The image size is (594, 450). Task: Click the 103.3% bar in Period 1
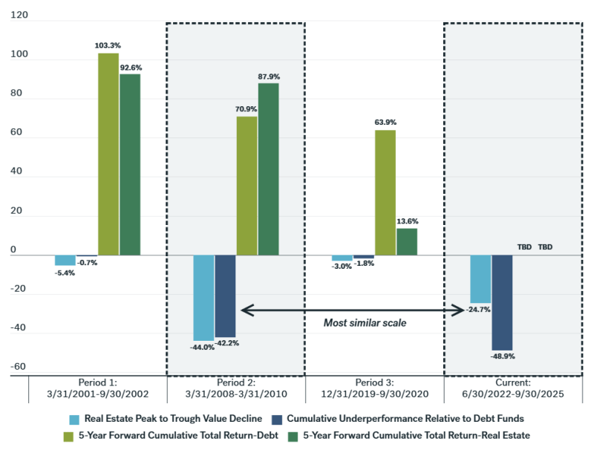tap(108, 154)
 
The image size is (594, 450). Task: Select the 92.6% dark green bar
tap(130, 165)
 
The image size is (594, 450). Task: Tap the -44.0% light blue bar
tap(204, 298)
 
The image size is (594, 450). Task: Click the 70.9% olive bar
tap(247, 186)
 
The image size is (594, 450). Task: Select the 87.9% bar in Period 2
tap(269, 169)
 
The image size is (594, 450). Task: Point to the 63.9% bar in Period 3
tap(385, 192)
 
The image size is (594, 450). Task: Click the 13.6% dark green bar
tap(407, 241)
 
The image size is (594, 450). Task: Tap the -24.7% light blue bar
tap(480, 279)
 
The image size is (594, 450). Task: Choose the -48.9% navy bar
tap(502, 302)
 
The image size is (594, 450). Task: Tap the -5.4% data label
tap(65, 273)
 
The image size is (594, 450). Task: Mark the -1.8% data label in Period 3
tap(364, 264)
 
